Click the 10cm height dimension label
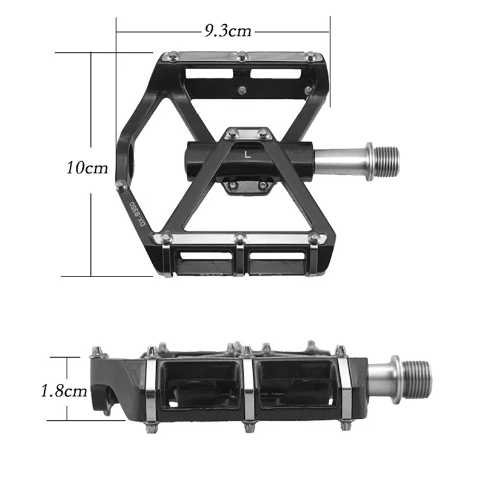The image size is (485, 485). (x=87, y=167)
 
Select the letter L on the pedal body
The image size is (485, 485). (x=247, y=154)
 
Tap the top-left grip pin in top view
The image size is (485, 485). (x=172, y=57)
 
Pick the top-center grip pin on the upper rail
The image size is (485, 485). (x=242, y=56)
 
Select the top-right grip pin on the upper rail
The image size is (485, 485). (x=311, y=57)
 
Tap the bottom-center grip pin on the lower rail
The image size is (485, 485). (x=240, y=238)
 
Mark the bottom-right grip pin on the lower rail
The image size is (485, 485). (x=313, y=238)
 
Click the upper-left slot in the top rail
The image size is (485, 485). (x=209, y=74)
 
